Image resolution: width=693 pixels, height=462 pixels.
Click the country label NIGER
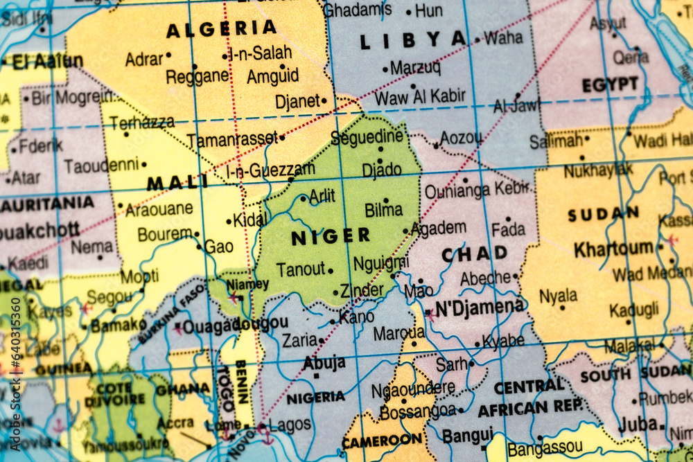[x=331, y=237]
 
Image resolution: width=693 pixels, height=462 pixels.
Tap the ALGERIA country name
[x=221, y=29]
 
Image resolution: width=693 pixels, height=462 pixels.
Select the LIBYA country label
[x=413, y=40]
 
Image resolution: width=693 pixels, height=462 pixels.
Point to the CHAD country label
[x=475, y=254]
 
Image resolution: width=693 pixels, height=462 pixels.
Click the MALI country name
[x=177, y=183]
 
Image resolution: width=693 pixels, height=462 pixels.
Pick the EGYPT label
[x=610, y=85]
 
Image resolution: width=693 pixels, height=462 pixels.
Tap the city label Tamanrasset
[x=231, y=140]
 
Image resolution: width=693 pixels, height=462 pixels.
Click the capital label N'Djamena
[x=480, y=307]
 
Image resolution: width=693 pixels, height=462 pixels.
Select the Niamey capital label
[x=247, y=284]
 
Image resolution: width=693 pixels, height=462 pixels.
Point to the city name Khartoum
[x=613, y=248]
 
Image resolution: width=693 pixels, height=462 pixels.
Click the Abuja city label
[x=324, y=362]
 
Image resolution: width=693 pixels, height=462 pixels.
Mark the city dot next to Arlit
[x=304, y=199]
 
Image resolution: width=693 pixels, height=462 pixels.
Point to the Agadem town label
[x=439, y=228]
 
